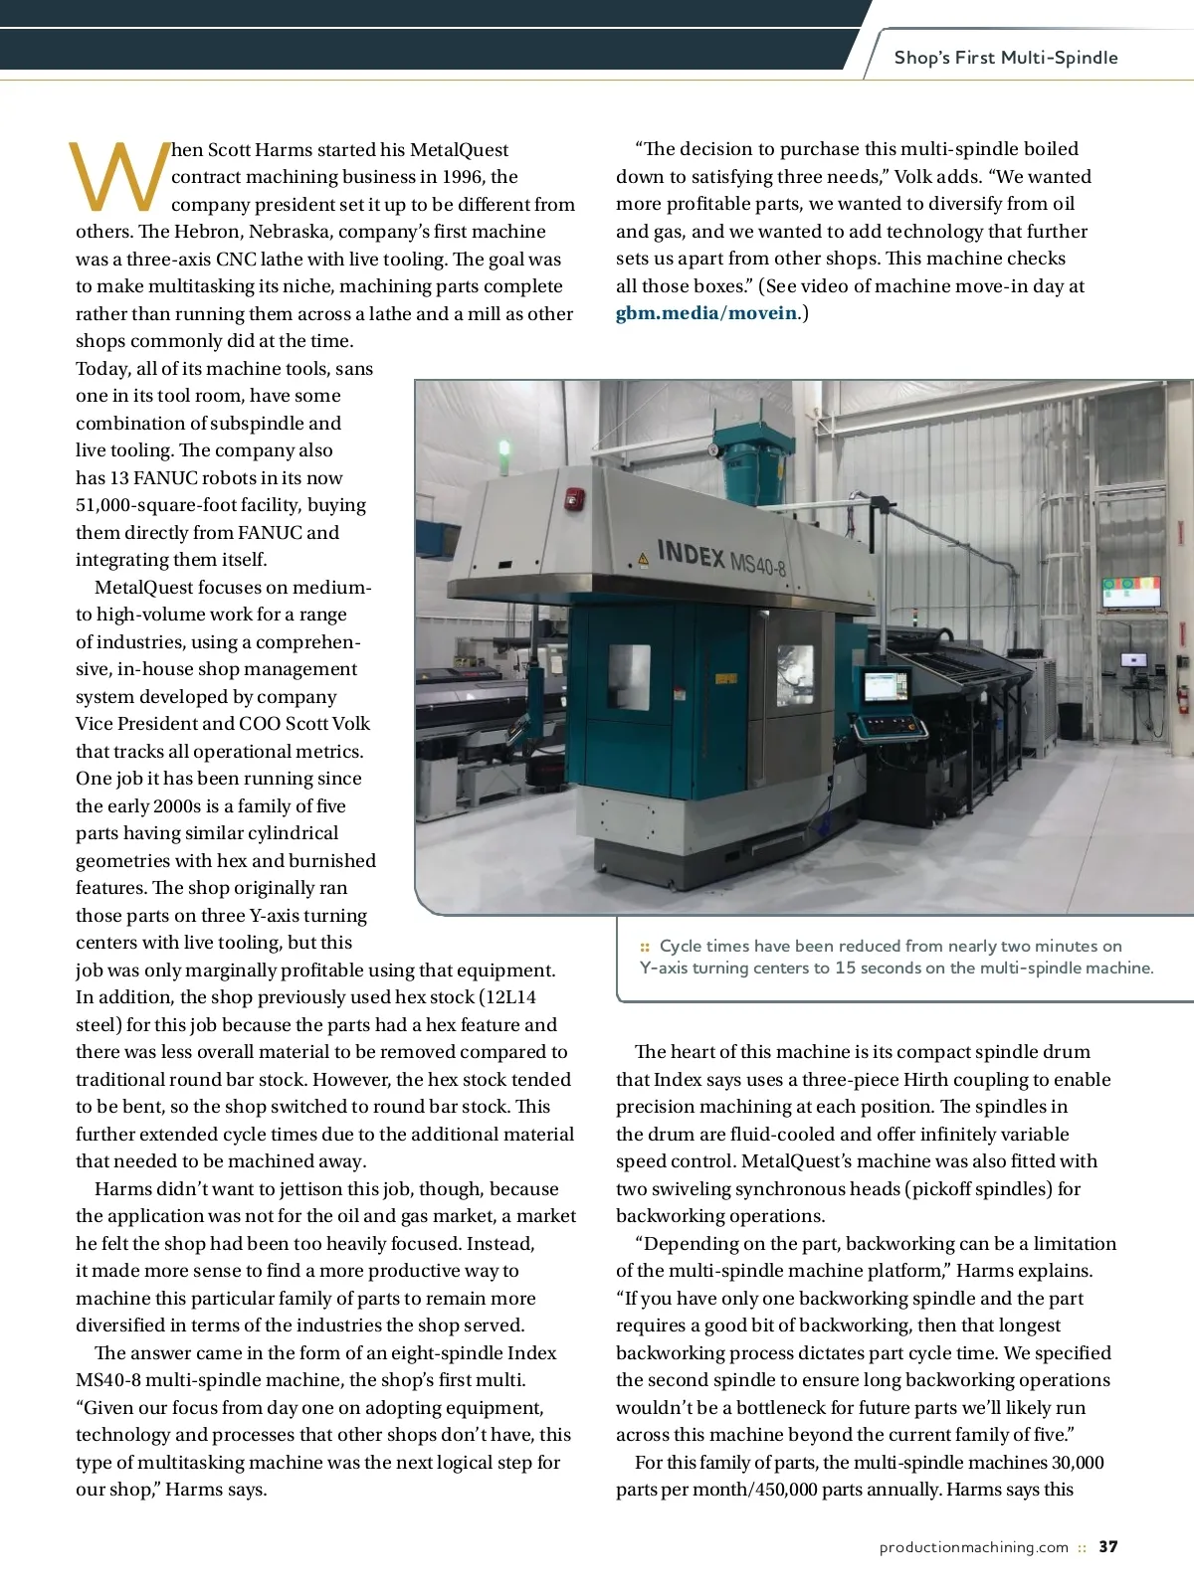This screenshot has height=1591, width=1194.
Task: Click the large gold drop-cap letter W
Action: coord(117,178)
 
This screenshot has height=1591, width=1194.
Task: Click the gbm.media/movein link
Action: coord(706,313)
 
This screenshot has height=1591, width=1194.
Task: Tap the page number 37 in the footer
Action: coord(1108,1547)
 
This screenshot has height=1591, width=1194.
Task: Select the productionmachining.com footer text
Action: coord(973,1547)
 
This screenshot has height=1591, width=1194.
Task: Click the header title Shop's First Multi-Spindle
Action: coord(1005,58)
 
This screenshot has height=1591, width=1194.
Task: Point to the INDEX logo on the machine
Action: coord(691,553)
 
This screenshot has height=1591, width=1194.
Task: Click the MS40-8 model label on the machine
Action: coord(758,564)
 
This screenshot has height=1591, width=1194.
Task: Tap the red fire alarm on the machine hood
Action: coord(574,498)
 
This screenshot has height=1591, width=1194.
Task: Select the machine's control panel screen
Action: coord(885,685)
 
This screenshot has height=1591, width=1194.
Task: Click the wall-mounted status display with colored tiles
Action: coord(1131,592)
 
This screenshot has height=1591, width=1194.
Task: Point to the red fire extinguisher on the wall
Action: coord(1182,699)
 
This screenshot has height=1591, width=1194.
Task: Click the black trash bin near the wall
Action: coord(1071,720)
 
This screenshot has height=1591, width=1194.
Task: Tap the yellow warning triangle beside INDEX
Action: coord(643,560)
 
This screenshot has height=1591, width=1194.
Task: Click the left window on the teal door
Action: coord(629,677)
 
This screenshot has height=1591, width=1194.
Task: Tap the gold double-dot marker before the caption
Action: coord(645,947)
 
